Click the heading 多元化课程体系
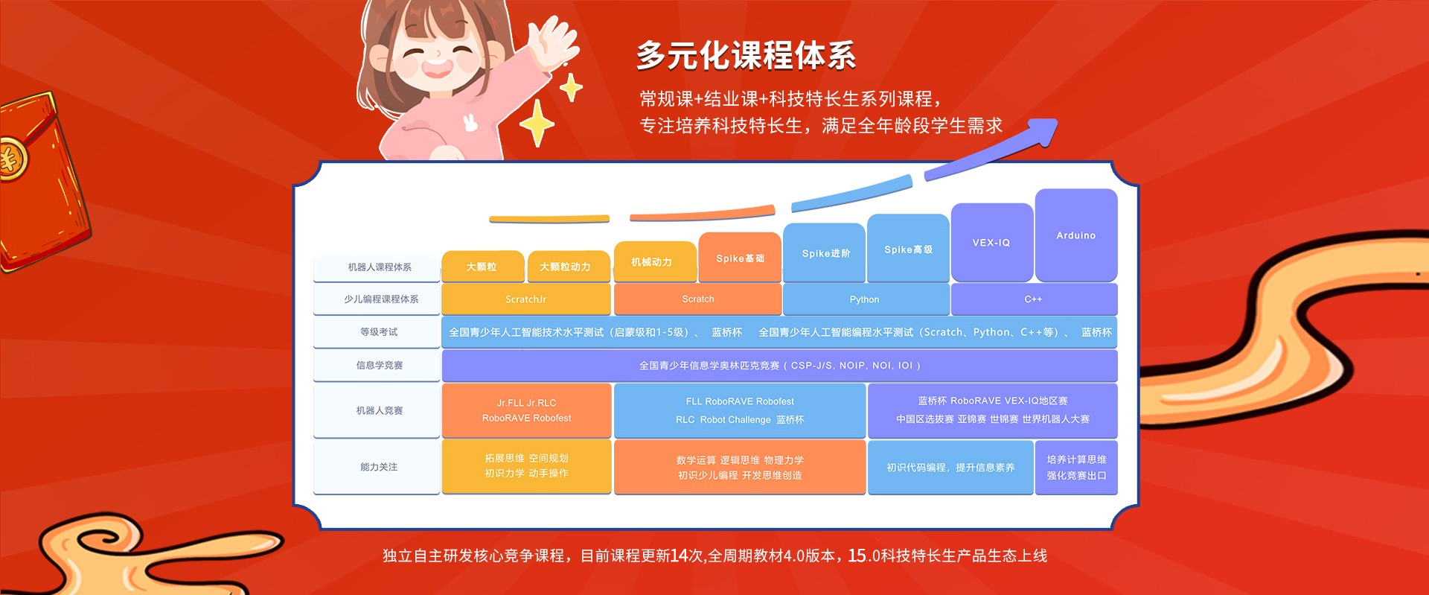(x=746, y=56)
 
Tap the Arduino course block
(x=1075, y=235)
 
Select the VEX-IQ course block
(x=991, y=243)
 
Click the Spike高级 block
(x=908, y=249)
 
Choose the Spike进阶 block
(x=825, y=253)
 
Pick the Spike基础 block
(x=740, y=258)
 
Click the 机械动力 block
(x=652, y=262)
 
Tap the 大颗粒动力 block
(x=566, y=267)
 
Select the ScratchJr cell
(x=525, y=299)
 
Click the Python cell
(x=865, y=299)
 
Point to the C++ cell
(x=1033, y=299)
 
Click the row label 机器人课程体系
(x=379, y=267)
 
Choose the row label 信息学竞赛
(x=379, y=366)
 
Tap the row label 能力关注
(x=379, y=467)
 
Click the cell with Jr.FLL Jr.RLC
(x=526, y=410)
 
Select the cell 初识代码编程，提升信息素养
(x=950, y=468)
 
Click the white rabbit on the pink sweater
(x=470, y=122)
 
